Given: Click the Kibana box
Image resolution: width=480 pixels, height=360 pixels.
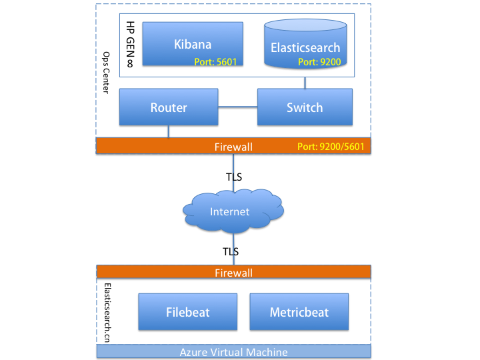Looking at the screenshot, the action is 193,43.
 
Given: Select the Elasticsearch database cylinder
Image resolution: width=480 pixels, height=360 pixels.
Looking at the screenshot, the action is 305,43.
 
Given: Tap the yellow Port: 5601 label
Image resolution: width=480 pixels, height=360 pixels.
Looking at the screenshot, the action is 215,62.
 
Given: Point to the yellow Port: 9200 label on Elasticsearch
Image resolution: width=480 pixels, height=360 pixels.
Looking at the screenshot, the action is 319,62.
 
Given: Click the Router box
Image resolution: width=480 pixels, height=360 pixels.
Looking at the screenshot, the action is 169,107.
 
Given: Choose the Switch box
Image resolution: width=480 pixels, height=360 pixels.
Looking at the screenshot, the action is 305,107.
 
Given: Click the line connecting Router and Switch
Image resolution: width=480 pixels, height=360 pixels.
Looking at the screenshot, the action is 238,107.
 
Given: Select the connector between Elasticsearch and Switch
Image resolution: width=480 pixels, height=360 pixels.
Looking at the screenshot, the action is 305,83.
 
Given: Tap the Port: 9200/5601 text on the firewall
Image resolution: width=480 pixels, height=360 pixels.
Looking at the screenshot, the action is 331,147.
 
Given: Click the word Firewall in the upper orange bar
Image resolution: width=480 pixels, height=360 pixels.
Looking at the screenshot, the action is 233,147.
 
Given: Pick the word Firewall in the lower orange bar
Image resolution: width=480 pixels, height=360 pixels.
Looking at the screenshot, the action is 233,273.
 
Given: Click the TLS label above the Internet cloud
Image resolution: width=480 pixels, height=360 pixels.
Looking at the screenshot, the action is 234,177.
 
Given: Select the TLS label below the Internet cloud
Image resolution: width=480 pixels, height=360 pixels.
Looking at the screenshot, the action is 231,251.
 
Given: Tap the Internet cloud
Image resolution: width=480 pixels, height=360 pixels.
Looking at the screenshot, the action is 233,211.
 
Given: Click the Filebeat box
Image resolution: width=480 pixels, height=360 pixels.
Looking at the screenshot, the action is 187,311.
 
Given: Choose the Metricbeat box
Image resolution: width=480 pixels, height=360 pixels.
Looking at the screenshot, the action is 299,311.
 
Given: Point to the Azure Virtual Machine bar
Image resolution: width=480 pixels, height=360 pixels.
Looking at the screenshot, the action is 233,351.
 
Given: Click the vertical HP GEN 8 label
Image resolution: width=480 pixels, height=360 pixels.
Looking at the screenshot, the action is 131,45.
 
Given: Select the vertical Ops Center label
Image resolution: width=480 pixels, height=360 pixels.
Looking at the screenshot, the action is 106,73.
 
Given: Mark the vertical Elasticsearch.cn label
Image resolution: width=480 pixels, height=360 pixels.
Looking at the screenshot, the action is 107,313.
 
